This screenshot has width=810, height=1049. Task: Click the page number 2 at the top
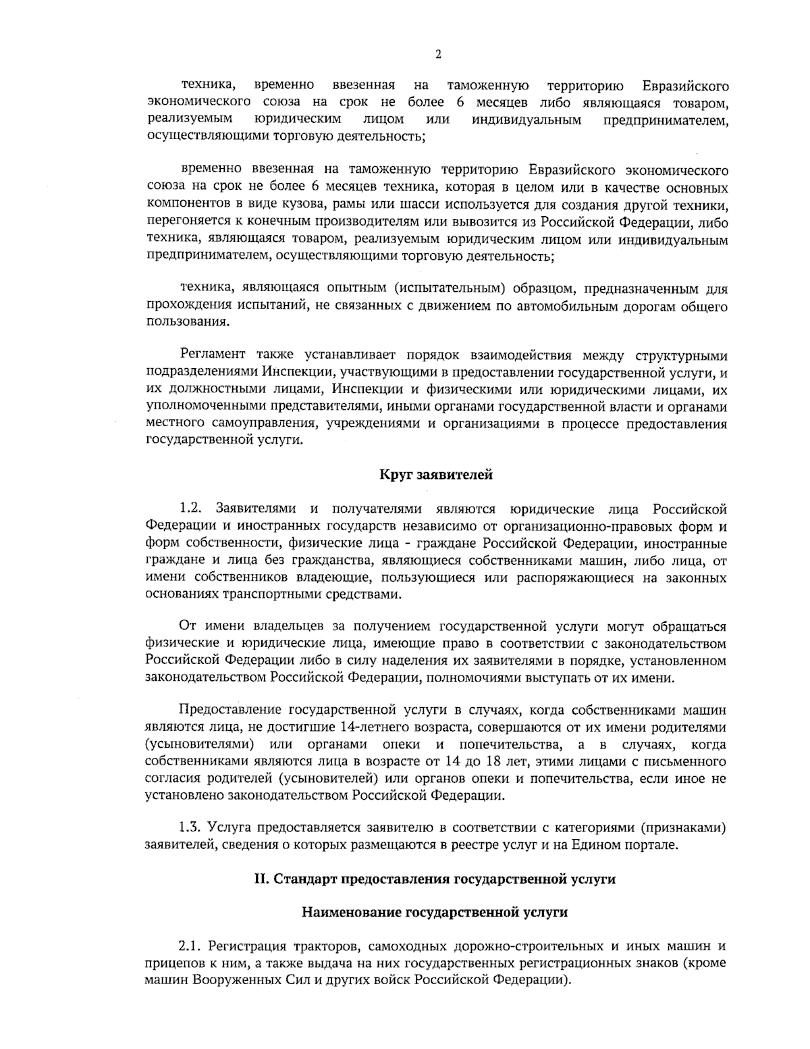pyautogui.click(x=438, y=55)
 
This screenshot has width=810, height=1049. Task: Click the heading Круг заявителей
pyautogui.click(x=436, y=474)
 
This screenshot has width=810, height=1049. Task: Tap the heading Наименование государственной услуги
pyautogui.click(x=435, y=913)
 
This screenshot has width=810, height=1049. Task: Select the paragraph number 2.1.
pyautogui.click(x=190, y=944)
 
